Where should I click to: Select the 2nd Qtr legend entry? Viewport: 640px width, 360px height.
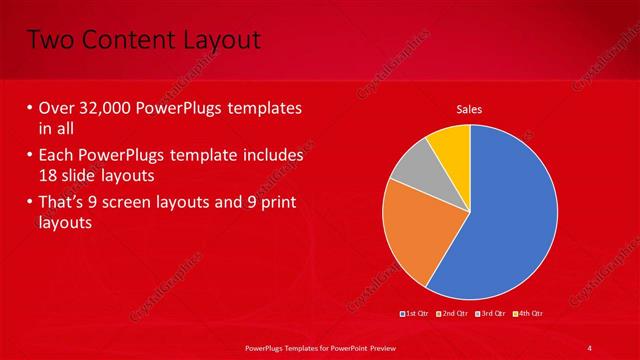(x=453, y=314)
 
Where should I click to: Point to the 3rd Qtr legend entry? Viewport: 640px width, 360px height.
(x=491, y=314)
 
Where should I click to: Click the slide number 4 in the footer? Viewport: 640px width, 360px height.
(x=590, y=347)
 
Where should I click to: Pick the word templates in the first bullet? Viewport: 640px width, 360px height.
(x=263, y=108)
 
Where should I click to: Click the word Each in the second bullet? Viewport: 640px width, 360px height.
(x=56, y=156)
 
